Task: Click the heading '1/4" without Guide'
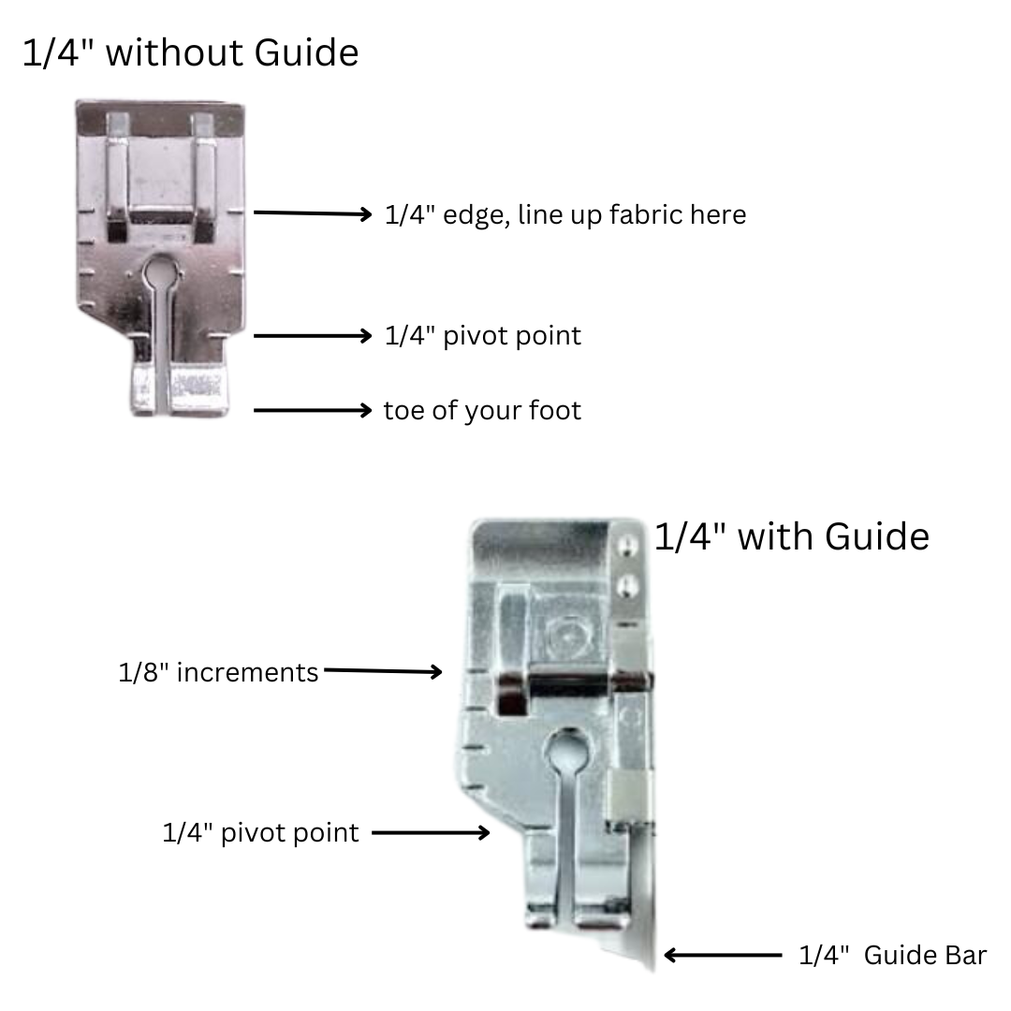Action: (x=191, y=52)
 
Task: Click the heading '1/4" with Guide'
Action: (x=792, y=536)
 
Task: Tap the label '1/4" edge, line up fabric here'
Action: (x=565, y=214)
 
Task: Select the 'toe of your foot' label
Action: (x=482, y=411)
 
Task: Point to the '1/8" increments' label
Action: (x=218, y=672)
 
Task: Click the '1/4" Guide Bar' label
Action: (x=892, y=955)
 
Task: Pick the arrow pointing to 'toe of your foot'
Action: (x=313, y=410)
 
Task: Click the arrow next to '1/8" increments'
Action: (x=383, y=671)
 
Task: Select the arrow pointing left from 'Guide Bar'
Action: (x=723, y=955)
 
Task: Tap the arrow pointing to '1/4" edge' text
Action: (x=313, y=212)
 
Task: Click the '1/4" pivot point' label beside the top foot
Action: (x=483, y=336)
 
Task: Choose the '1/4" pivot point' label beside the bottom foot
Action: (x=260, y=833)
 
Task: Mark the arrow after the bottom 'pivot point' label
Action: (x=431, y=832)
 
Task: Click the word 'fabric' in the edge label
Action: (x=646, y=214)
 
